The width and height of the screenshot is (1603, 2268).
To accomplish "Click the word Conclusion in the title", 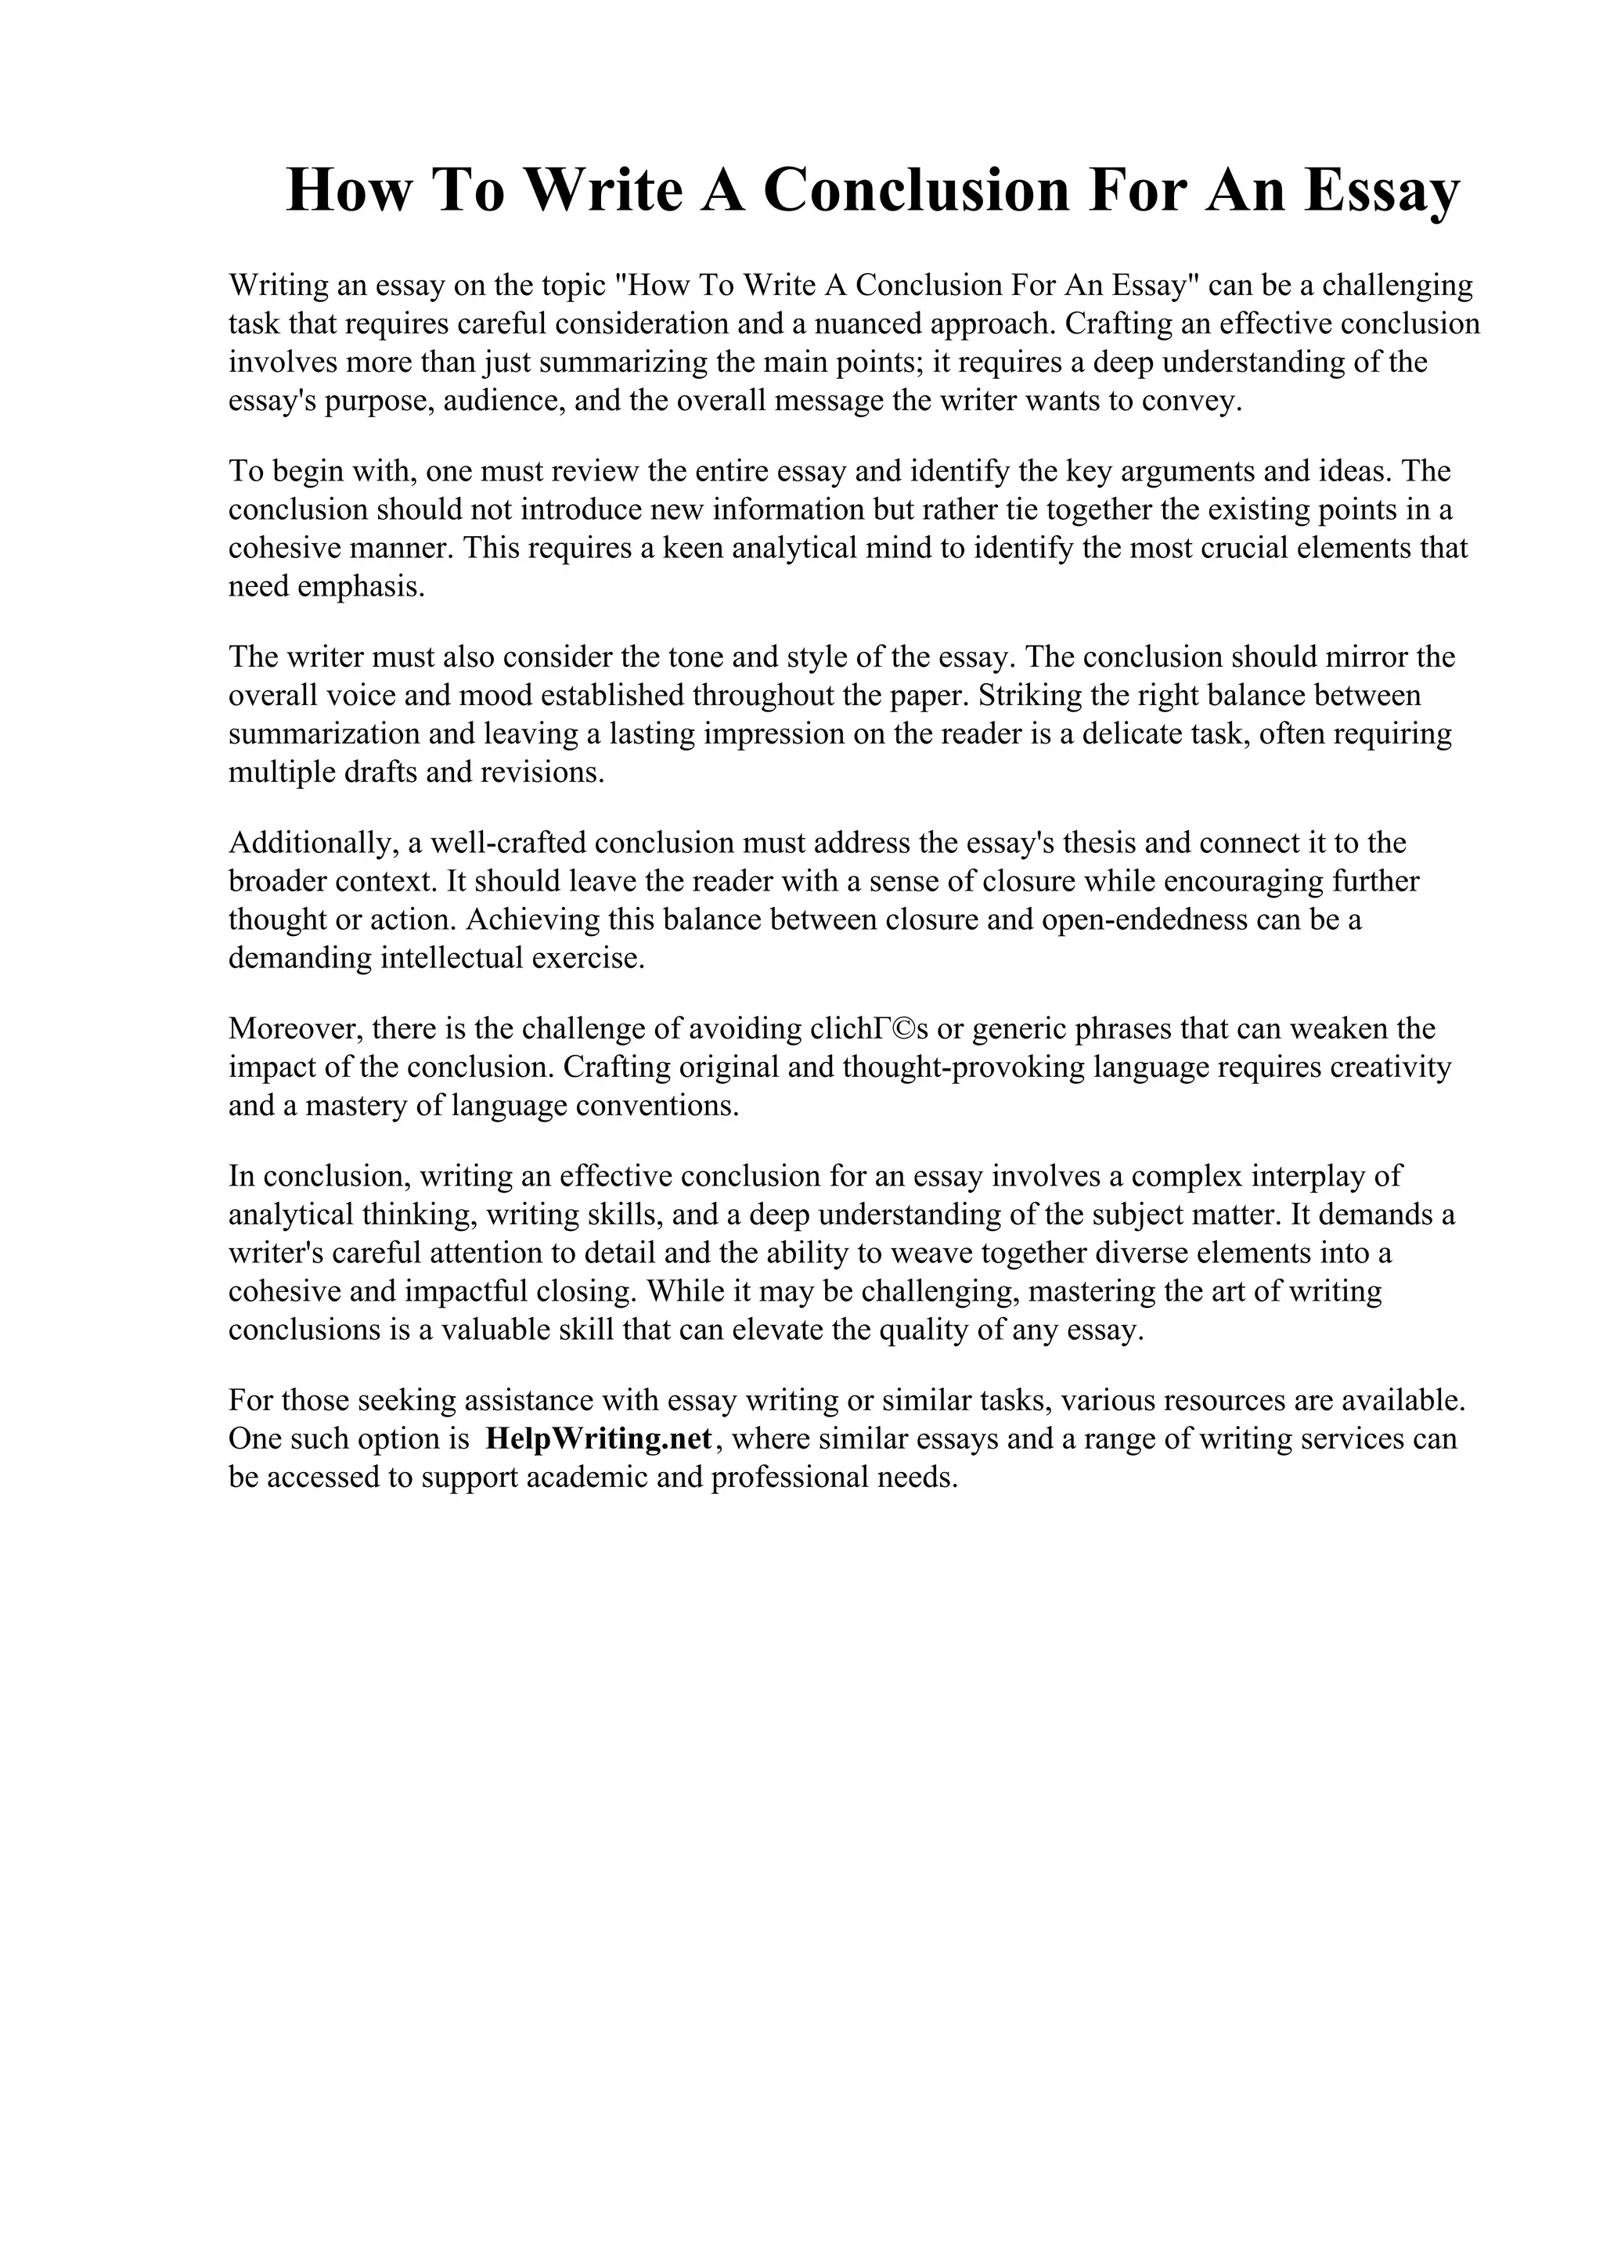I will point(916,191).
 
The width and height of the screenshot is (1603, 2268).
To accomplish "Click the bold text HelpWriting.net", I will point(599,1439).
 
